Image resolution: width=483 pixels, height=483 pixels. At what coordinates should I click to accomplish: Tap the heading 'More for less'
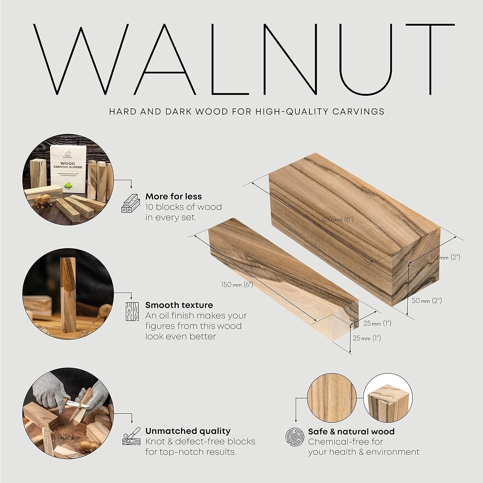pos(174,196)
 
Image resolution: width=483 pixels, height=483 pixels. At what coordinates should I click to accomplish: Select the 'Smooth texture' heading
pos(179,305)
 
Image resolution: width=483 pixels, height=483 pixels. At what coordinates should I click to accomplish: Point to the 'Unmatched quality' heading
pos(188,431)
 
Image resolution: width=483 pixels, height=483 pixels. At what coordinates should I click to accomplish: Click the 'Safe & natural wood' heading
pos(351,431)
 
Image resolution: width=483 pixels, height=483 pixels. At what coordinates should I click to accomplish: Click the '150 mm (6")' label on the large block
pos(338,219)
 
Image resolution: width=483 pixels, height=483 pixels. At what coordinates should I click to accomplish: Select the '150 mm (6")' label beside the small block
pos(237,284)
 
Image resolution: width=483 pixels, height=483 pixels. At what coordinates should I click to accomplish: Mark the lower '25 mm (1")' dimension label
pos(367,338)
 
